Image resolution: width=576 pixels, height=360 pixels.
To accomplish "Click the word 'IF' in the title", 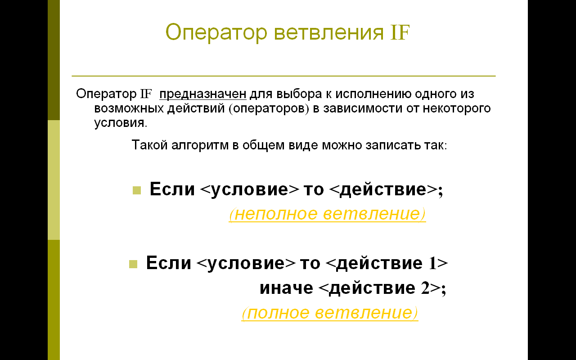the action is pos(400,33).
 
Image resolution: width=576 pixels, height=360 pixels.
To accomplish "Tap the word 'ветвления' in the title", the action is pos(329,33).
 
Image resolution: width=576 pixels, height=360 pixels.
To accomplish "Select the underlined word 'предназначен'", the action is pos(203,94).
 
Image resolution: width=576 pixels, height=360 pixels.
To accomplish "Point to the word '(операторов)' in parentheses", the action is pos(269,108).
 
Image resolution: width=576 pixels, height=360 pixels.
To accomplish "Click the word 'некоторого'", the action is pos(457,108).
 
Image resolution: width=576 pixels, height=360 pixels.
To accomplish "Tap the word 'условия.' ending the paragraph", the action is pos(121,123).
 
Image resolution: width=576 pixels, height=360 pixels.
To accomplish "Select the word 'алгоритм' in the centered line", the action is pos(200,145).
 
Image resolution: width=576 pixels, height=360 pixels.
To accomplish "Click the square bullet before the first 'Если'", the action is pos(137,190).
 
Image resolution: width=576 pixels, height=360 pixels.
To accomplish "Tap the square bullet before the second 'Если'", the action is pos(133,264).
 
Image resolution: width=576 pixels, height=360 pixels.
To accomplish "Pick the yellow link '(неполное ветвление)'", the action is pos(327,214).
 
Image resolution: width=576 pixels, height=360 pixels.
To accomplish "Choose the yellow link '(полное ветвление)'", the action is pos(330,313).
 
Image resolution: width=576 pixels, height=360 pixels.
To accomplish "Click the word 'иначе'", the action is pos(287,288).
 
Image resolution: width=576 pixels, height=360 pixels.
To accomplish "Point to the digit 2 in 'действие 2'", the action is pos(425,288).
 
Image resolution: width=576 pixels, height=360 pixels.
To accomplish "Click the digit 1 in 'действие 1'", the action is pos(432,263).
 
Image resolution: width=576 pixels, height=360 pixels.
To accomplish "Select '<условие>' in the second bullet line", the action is pos(246,264).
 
